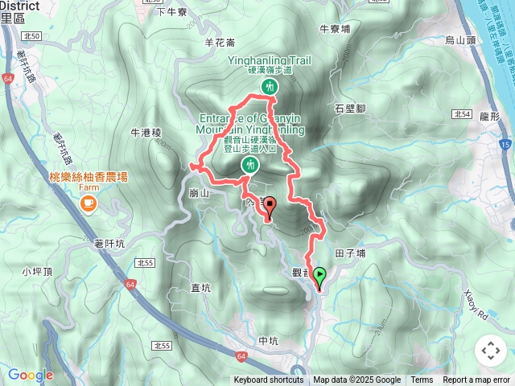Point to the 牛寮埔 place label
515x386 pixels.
(x=335, y=28)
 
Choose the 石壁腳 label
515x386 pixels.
(x=351, y=107)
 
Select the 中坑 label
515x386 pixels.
(x=269, y=341)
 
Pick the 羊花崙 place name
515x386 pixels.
(x=220, y=43)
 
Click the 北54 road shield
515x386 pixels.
(x=462, y=114)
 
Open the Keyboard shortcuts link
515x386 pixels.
(x=269, y=380)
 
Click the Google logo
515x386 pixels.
(x=30, y=375)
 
